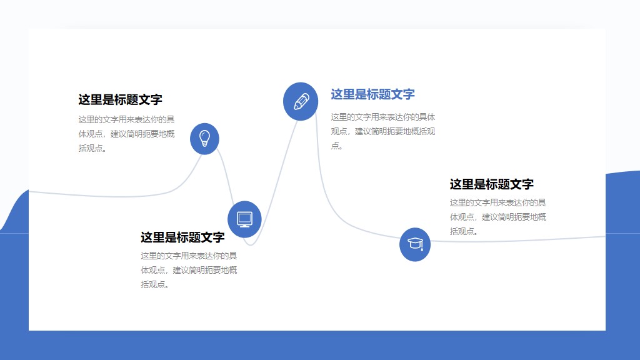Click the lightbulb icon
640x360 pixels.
point(204,138)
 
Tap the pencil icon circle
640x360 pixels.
point(301,101)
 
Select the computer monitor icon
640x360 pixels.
point(244,219)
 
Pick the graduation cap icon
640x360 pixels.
point(415,244)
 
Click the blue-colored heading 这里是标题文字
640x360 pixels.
point(372,94)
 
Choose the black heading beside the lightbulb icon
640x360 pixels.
point(120,99)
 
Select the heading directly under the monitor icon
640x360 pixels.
point(182,237)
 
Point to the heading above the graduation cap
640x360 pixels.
point(491,184)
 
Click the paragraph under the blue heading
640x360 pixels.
point(382,131)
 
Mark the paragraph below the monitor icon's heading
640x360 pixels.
point(189,270)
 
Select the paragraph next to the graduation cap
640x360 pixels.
point(498,217)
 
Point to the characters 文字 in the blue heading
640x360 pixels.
point(402,94)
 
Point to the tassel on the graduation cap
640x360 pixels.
point(422,247)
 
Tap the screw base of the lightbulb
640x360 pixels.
point(204,144)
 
